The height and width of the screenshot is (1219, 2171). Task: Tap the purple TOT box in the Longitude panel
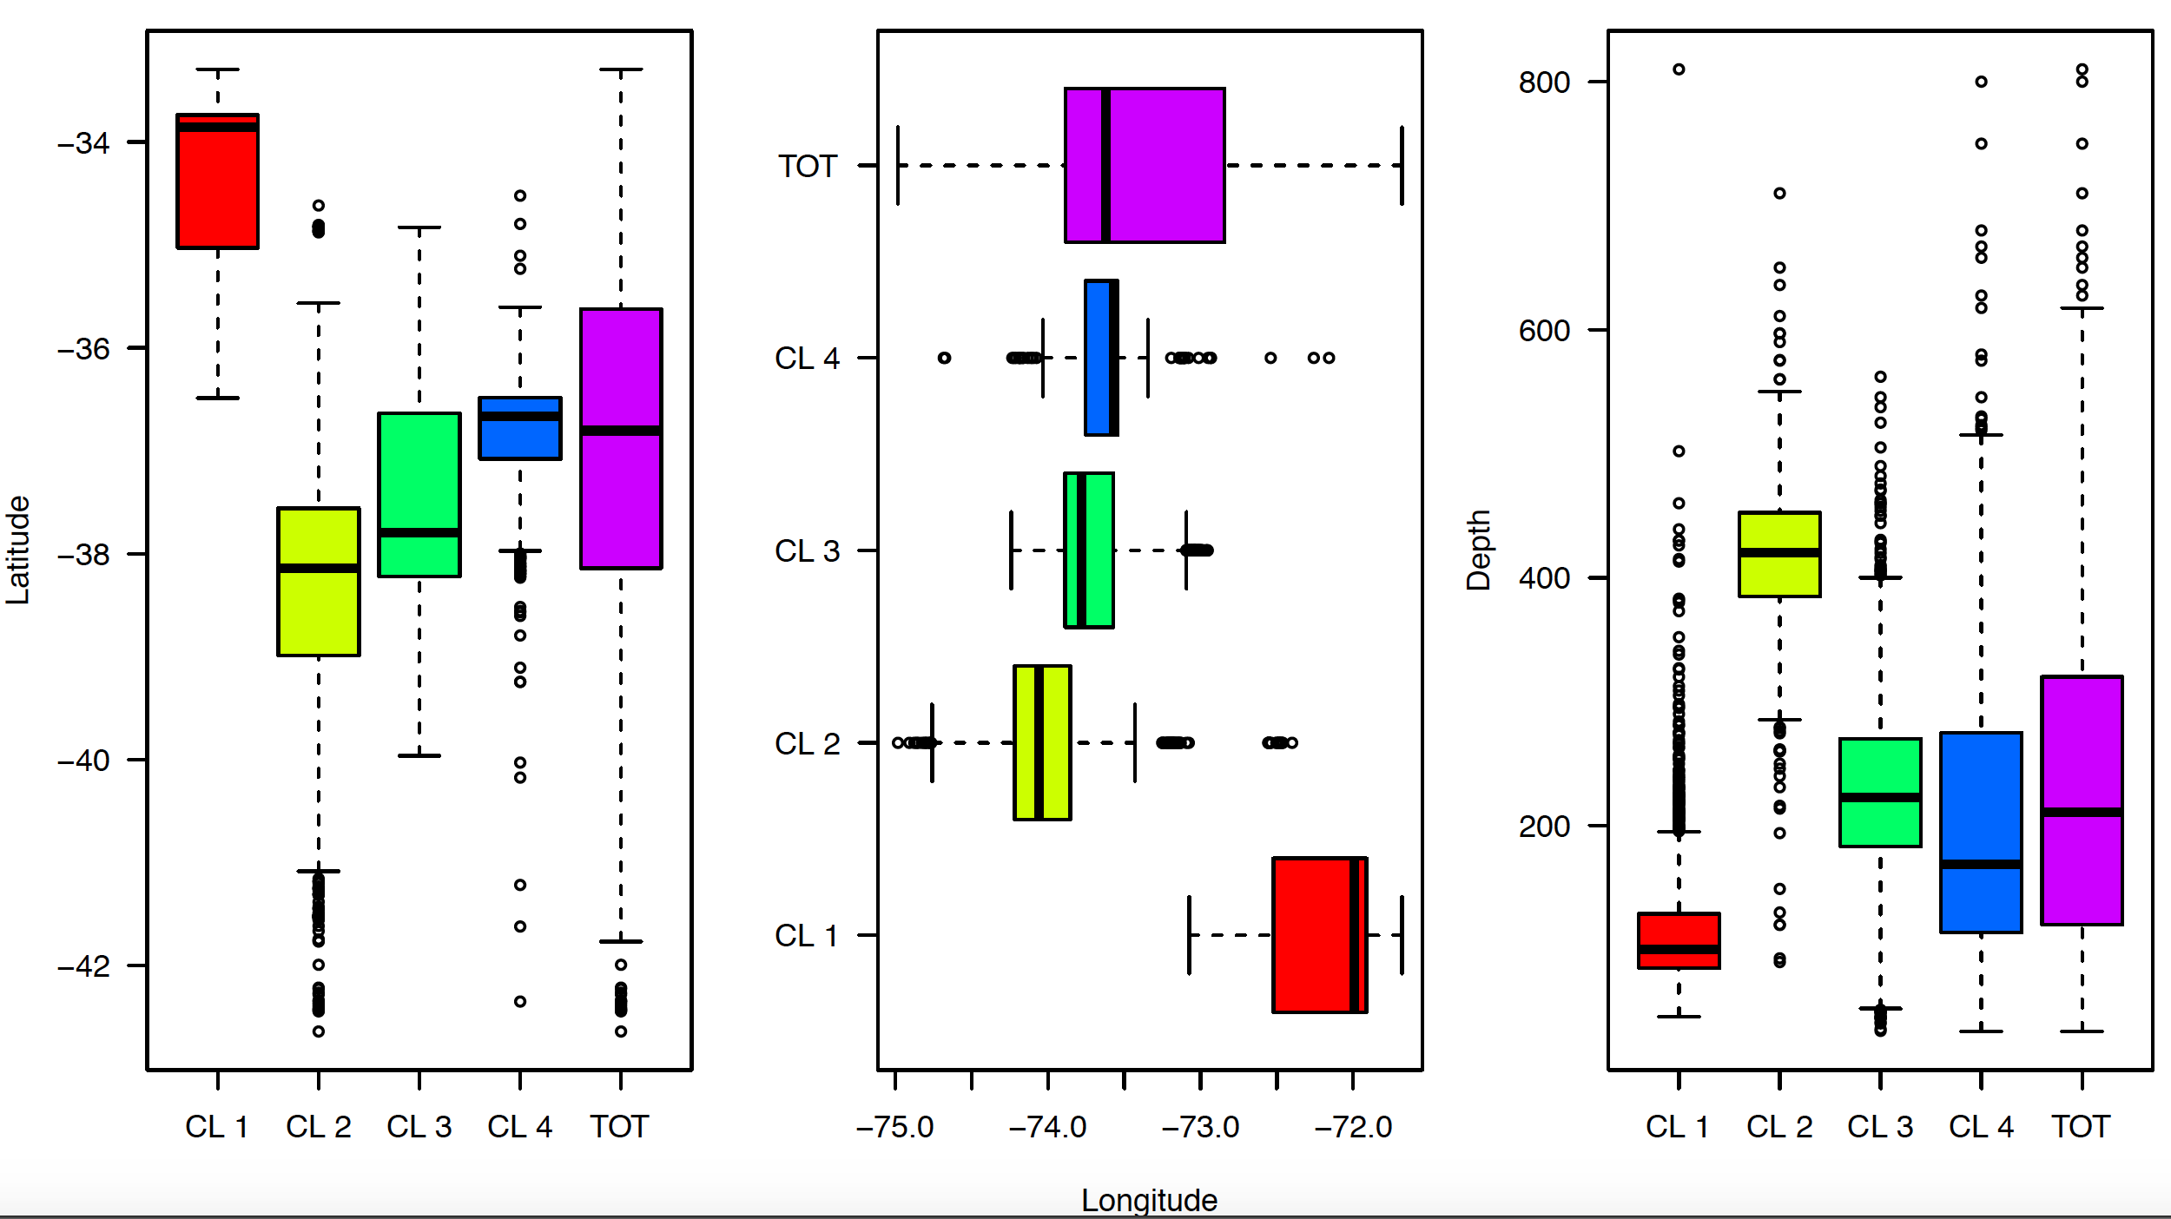1164,165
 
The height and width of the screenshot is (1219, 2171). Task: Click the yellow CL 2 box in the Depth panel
1779,573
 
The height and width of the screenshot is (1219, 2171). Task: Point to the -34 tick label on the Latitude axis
84,142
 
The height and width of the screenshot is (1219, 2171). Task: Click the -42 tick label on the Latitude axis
84,965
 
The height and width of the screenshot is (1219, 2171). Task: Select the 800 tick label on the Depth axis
1544,82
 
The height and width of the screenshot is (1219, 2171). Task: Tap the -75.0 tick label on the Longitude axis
894,1127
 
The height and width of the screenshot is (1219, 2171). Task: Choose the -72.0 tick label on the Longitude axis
1353,1127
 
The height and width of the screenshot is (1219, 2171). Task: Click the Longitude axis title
1149,1200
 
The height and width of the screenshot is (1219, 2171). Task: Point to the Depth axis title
1478,550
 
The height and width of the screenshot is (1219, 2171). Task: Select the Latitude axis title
17,550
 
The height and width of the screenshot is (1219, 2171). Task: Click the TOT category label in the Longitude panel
807,166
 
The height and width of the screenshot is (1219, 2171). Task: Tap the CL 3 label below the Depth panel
1880,1127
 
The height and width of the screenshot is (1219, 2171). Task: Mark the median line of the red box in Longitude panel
1354,935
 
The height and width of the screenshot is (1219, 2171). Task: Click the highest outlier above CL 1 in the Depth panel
1679,69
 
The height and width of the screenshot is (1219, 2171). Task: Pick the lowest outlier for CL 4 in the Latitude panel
520,1001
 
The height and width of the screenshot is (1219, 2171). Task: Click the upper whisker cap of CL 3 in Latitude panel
419,227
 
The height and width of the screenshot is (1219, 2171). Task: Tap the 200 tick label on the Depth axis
1544,827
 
